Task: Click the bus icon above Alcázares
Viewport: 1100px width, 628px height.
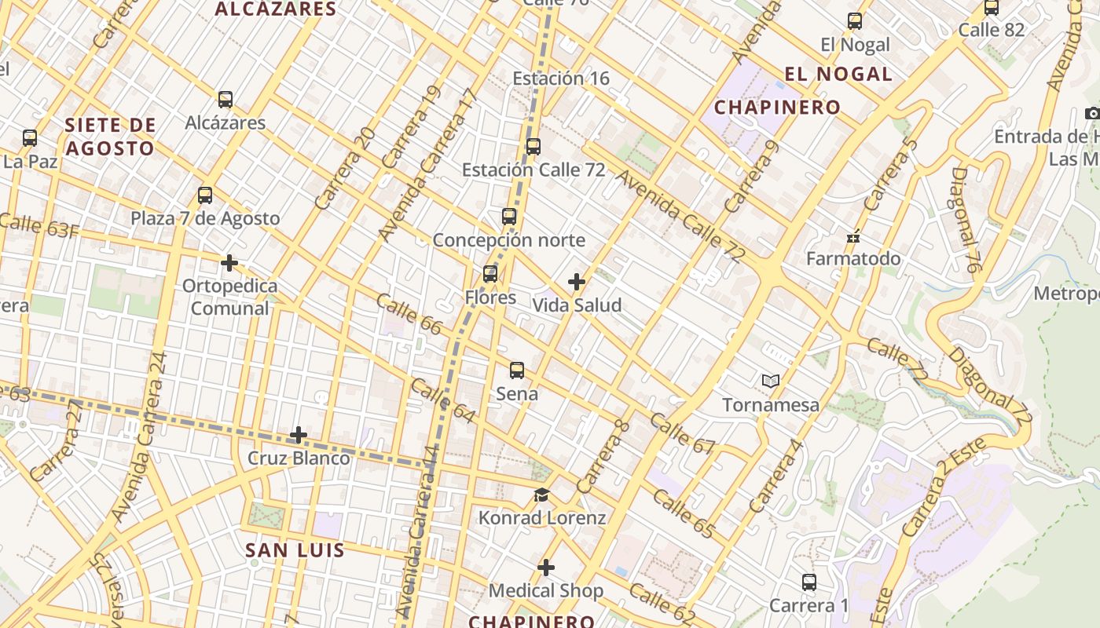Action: tap(225, 100)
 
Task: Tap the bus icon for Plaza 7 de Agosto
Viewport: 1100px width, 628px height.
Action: tap(205, 195)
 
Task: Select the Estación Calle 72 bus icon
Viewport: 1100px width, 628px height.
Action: tap(533, 147)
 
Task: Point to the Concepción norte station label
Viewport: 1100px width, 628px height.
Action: tap(509, 239)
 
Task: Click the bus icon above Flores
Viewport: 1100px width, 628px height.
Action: tap(490, 274)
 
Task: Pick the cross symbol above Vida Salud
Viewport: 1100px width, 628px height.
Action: tap(577, 282)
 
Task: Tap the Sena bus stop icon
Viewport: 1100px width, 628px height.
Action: tap(517, 371)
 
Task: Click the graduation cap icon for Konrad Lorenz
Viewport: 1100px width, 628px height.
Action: tap(542, 495)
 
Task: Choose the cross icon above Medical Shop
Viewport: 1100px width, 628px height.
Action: tap(546, 568)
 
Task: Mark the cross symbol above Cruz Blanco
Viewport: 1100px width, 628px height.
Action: tap(299, 435)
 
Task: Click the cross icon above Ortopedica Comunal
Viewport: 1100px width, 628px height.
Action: tap(229, 263)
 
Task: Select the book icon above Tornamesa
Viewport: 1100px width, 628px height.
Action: tap(771, 382)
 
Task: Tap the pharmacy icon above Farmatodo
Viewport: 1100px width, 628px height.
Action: tap(853, 236)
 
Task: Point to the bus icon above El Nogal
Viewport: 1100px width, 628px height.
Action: tap(855, 21)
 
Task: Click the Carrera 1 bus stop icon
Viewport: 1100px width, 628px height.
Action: tap(809, 582)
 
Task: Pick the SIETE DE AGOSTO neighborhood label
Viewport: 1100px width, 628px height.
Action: tap(110, 137)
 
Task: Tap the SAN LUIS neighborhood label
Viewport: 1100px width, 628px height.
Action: tap(295, 549)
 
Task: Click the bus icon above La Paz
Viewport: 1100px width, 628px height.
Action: tap(30, 138)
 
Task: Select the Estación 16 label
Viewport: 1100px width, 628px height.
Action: tap(561, 78)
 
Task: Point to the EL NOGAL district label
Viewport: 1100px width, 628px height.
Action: tap(838, 75)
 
